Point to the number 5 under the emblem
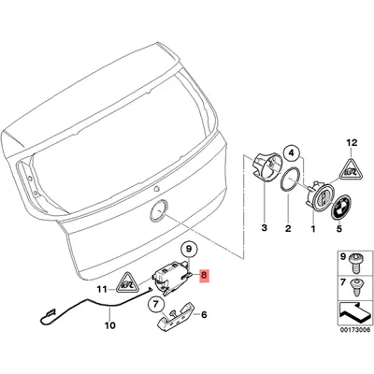coord(340,228)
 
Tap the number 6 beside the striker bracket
coord(204,318)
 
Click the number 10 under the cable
coord(109,328)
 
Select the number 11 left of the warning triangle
coord(102,290)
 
